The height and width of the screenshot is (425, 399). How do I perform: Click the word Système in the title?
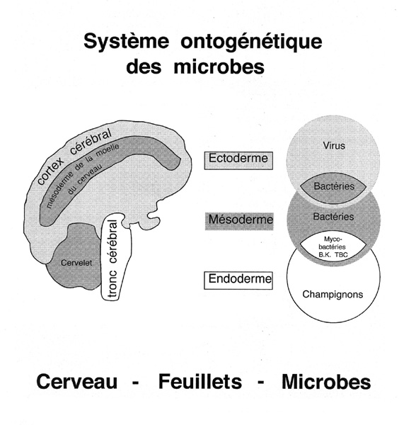coord(126,42)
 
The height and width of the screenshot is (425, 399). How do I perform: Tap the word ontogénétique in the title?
coord(251,42)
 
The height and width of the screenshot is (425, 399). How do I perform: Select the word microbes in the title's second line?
coord(219,67)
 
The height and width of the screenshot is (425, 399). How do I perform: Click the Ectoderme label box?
coord(238,161)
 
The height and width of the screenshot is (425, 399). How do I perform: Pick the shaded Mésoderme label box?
coord(239,221)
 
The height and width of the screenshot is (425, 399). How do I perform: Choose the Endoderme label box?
coord(238,280)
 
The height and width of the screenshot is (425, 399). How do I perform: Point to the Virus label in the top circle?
coord(334,145)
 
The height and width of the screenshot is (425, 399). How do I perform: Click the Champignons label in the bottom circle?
coord(332,294)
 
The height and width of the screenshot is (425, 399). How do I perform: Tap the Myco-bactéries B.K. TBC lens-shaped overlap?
coord(333,247)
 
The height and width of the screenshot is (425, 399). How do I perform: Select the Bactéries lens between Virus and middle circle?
coord(333,187)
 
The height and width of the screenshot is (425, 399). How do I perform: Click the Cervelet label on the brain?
coord(76,263)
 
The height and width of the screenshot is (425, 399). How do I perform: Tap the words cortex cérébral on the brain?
coord(74,157)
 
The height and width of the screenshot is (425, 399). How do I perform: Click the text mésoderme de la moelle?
coord(82,174)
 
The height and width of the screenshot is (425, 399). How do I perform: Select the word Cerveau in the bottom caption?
coord(77,382)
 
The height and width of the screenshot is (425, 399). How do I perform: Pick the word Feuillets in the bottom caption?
coord(199,381)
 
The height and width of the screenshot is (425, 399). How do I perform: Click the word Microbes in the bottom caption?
coord(326,382)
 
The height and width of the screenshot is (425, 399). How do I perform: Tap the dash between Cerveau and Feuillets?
coord(135,382)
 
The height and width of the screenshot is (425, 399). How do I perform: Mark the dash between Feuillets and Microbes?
coord(261,382)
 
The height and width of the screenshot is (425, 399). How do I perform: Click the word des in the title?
coord(144,67)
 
